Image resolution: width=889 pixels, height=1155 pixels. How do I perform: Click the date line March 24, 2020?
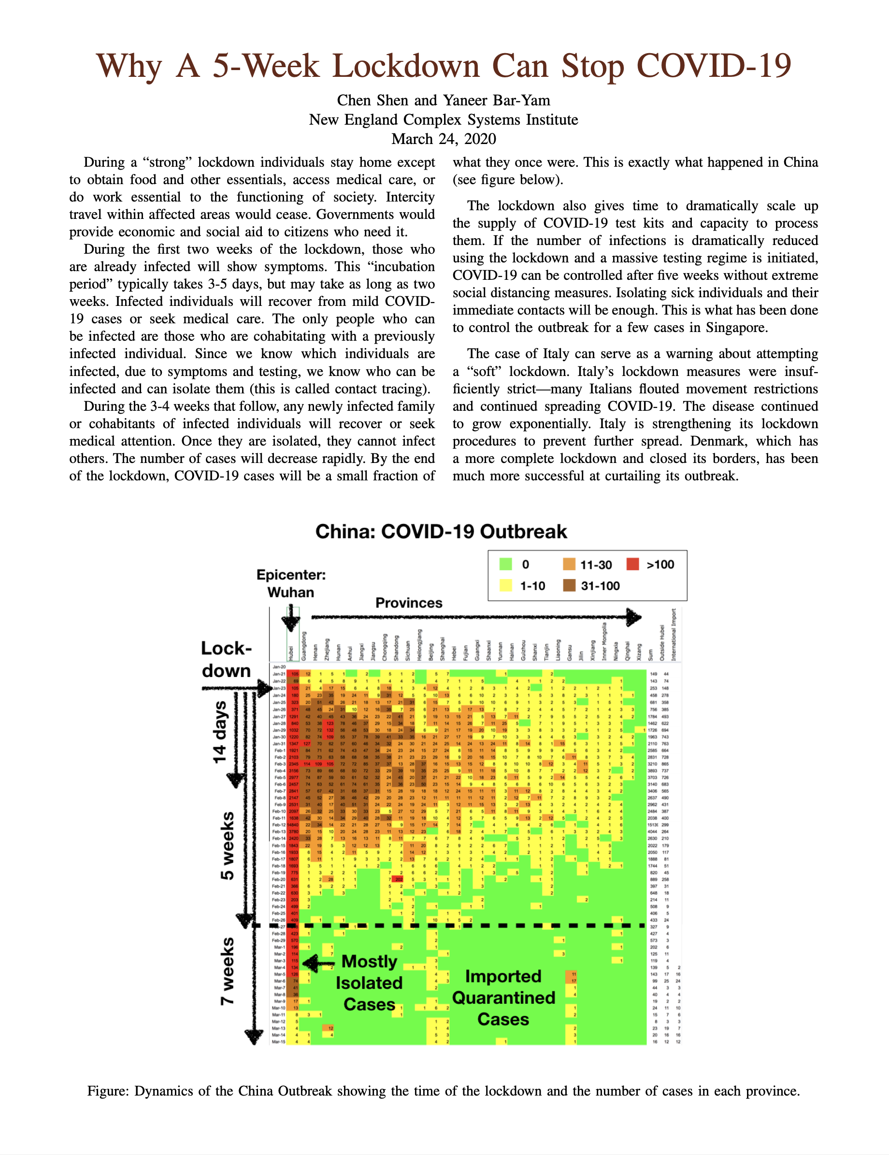tap(444, 139)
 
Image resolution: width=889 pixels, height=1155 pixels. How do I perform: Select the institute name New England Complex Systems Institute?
tap(444, 120)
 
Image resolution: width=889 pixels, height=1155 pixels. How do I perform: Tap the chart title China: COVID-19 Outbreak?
tap(441, 532)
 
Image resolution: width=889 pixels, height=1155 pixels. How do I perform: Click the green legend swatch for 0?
tap(505, 564)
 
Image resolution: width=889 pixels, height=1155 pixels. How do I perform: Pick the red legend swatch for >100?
tap(632, 564)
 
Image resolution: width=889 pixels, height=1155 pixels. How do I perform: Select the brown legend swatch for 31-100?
tap(569, 585)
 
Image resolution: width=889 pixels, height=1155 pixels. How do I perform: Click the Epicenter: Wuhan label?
tap(291, 583)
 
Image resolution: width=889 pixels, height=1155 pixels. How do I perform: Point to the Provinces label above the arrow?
tap(409, 603)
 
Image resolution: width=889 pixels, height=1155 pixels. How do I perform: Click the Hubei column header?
tap(291, 652)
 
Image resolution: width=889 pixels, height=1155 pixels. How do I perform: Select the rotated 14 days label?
tap(219, 733)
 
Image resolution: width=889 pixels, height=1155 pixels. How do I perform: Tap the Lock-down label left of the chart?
tap(226, 660)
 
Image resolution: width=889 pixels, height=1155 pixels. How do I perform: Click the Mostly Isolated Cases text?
tap(369, 982)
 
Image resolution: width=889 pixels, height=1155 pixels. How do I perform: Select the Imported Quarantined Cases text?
tap(503, 997)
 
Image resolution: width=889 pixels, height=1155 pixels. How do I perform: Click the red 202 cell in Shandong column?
tap(399, 880)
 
